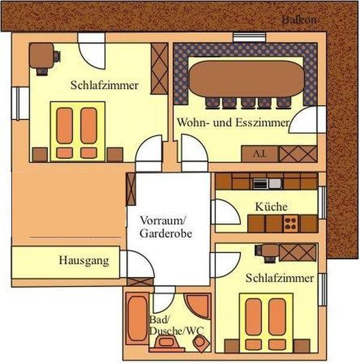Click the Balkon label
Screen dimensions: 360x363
coord(299,20)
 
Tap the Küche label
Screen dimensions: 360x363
coord(271,206)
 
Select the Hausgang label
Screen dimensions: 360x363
coord(84,260)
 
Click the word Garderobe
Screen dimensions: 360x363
coord(166,233)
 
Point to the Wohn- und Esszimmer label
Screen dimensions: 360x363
coord(233,122)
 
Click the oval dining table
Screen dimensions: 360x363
coord(247,79)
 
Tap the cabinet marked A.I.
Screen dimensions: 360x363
coord(260,154)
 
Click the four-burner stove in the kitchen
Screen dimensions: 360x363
coord(291,223)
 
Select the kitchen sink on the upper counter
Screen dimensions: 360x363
coord(275,184)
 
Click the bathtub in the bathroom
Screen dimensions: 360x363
coord(137,319)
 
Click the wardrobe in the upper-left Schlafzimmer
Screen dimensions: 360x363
coord(159,68)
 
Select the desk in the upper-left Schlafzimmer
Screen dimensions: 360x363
coord(41,56)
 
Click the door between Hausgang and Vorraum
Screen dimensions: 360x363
coord(137,265)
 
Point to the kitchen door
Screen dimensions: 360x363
coord(225,212)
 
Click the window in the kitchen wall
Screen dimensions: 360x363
coord(322,203)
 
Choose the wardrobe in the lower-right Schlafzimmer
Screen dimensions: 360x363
coord(298,253)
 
